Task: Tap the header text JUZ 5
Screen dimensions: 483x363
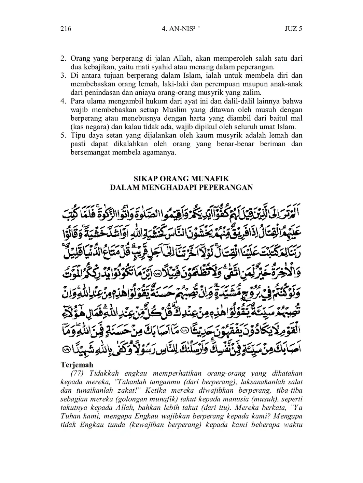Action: [x=293, y=29]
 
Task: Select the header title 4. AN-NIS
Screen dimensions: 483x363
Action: [x=181, y=29]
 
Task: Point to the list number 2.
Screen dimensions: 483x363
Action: [x=63, y=59]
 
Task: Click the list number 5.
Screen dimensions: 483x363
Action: [x=63, y=135]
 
